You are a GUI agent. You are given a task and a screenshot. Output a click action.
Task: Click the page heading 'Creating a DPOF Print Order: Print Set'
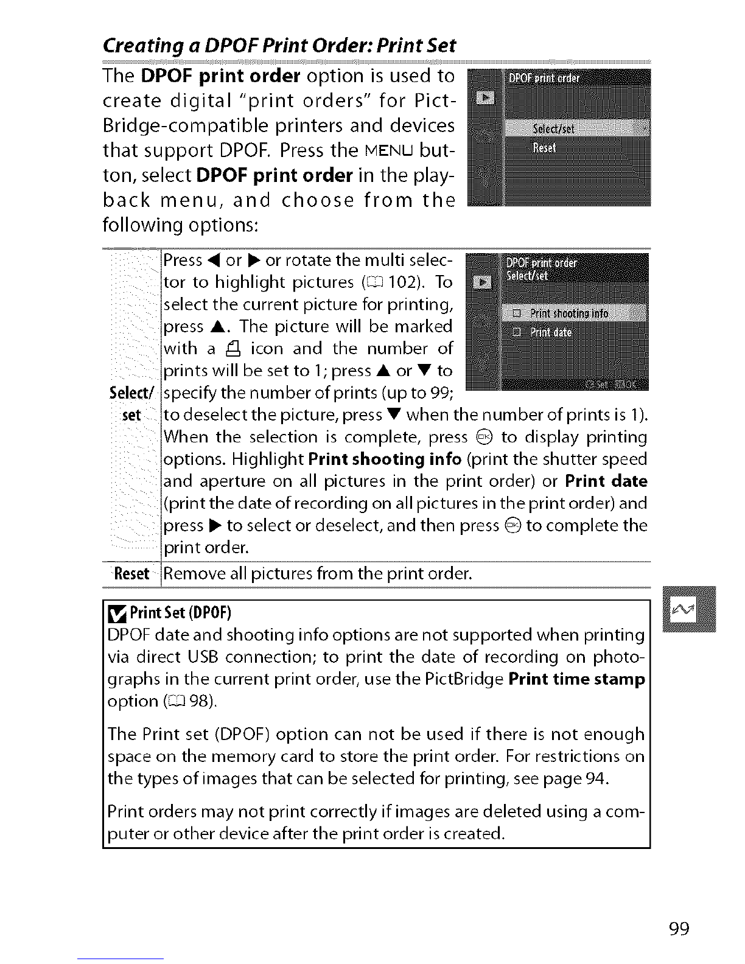[279, 47]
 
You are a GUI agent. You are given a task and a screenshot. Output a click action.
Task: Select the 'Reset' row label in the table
[132, 573]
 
